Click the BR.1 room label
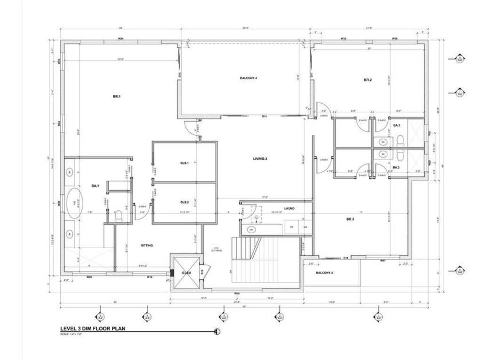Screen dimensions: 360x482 (116, 97)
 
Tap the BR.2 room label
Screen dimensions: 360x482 (368, 80)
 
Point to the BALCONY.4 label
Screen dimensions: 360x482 (248, 77)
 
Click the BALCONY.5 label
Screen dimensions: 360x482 (324, 272)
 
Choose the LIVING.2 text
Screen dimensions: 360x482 (261, 158)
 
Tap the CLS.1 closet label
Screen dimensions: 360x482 (185, 163)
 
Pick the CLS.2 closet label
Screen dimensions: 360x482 (185, 202)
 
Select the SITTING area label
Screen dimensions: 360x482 (147, 245)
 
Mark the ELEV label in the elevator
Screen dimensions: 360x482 (186, 273)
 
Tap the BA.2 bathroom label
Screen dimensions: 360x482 (397, 125)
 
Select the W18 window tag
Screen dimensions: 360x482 (236, 294)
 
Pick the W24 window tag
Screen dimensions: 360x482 (121, 38)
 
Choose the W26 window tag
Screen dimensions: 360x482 (395, 38)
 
